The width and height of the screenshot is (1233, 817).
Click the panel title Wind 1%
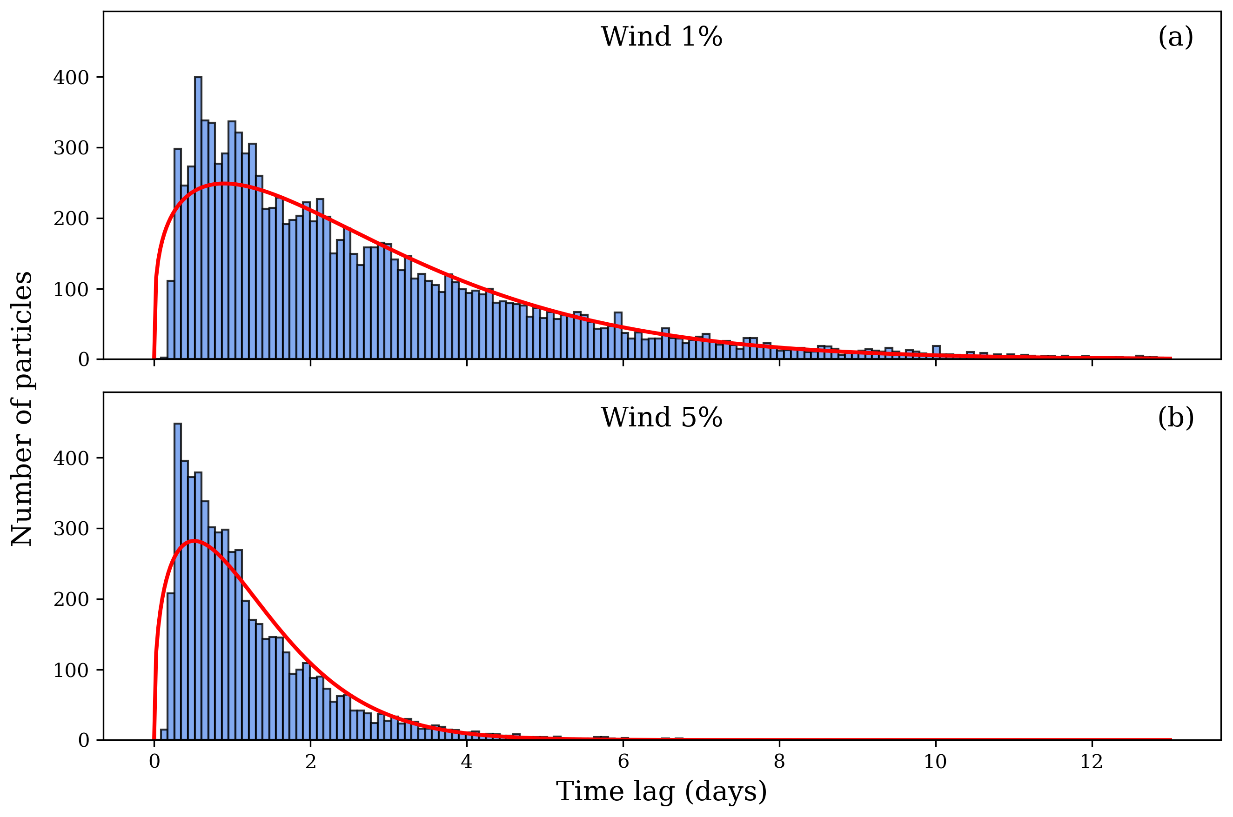pyautogui.click(x=661, y=38)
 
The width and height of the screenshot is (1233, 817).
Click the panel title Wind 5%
pyautogui.click(x=661, y=418)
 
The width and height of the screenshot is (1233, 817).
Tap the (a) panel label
pyautogui.click(x=1175, y=38)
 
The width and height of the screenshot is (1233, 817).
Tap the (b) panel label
pyautogui.click(x=1175, y=418)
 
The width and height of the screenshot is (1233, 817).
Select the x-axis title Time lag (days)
pyautogui.click(x=661, y=791)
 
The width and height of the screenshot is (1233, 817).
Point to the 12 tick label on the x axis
pyautogui.click(x=1091, y=762)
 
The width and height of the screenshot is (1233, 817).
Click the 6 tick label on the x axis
pyautogui.click(x=623, y=762)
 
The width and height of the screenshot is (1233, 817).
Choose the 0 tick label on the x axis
pyautogui.click(x=154, y=762)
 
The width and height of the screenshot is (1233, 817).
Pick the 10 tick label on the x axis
pyautogui.click(x=935, y=762)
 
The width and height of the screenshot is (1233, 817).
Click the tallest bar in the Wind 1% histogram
pyautogui.click(x=198, y=219)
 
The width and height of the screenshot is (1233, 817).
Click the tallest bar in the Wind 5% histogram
pyautogui.click(x=178, y=581)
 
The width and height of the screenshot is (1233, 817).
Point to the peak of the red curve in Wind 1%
pyautogui.click(x=223, y=183)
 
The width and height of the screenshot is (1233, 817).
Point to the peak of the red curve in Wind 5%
pyautogui.click(x=194, y=540)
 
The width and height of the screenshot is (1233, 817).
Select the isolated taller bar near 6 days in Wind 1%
pyautogui.click(x=618, y=336)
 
